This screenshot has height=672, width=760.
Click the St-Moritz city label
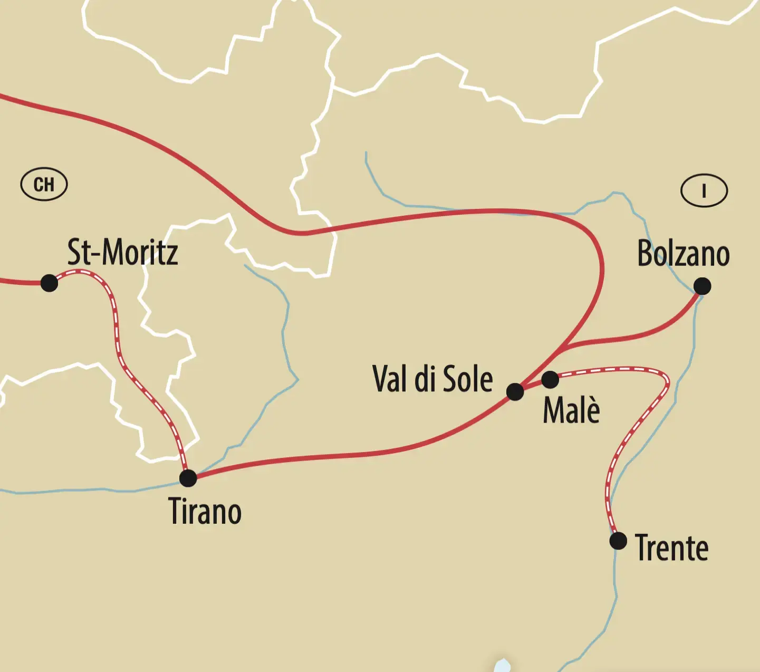coord(122,252)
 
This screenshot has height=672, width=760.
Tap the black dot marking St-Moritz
coord(49,283)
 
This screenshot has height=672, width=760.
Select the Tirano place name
coord(205,511)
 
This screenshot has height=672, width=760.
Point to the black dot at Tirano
coord(188,478)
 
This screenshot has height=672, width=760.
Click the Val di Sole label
coord(432,379)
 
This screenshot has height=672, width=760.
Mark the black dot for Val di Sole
coord(515,392)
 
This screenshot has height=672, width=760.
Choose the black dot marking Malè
coord(550,379)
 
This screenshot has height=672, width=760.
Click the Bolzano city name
coord(683,253)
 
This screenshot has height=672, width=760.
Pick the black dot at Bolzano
coord(702,286)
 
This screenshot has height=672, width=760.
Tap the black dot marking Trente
coord(618,541)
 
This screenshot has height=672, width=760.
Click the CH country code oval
coord(44,185)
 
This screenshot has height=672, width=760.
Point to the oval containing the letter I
coord(704,190)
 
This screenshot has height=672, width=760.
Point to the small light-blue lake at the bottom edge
coord(502,665)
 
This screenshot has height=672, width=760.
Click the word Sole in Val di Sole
coord(467,379)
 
